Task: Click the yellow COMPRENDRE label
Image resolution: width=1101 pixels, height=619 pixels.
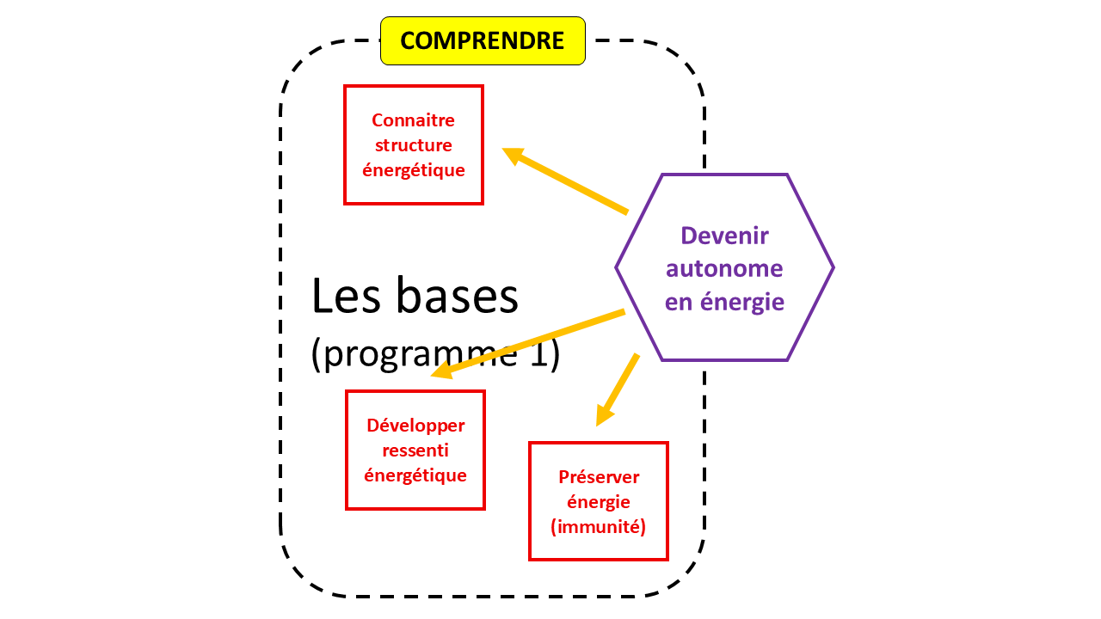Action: pos(483,40)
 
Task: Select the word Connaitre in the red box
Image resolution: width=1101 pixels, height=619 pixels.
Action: pos(413,120)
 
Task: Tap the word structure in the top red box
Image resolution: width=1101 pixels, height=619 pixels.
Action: pos(413,145)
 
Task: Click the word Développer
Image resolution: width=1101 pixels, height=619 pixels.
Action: pos(415,426)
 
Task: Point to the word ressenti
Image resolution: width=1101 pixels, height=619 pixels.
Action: pos(415,450)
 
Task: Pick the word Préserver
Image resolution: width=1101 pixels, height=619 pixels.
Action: pos(599,477)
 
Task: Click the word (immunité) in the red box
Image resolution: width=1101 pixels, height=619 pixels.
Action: pos(599,527)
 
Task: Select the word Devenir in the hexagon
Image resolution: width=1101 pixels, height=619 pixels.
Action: pos(724,236)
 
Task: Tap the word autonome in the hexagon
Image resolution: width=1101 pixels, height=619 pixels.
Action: pos(724,269)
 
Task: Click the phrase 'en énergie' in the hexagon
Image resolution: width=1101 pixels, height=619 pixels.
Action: pos(724,303)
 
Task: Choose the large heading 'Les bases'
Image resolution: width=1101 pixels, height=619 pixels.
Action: pos(415,297)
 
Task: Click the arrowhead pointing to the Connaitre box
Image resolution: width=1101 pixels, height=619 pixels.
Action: pos(514,155)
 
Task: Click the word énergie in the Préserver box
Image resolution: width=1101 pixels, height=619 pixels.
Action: pos(599,502)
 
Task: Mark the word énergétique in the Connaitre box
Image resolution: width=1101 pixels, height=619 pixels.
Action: pos(413,170)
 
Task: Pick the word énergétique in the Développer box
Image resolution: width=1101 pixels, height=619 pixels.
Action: pos(415,475)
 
